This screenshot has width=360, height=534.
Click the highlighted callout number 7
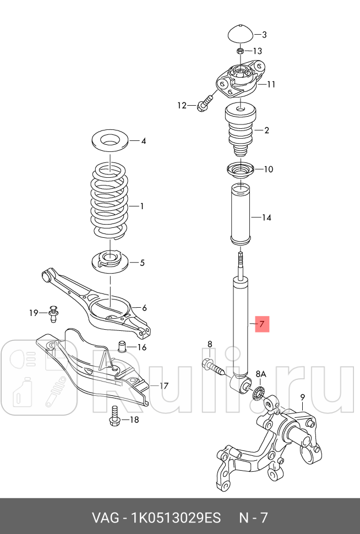(261, 323)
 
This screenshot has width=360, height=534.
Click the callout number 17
(163, 385)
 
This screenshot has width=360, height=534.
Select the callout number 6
(144, 308)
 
